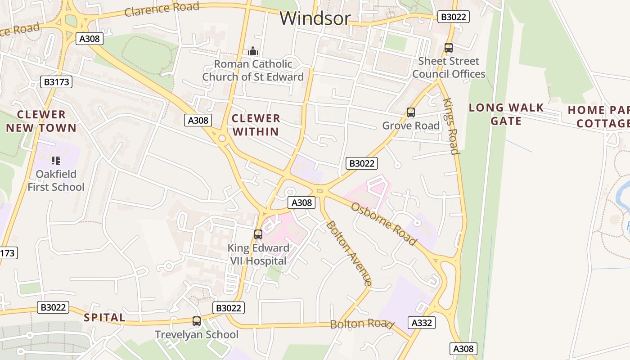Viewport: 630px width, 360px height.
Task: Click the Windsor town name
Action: coord(315,18)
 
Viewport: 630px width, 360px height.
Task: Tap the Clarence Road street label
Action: coord(162,9)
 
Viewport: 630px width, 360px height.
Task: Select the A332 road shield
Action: coord(422,323)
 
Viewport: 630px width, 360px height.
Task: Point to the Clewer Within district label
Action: coord(256,125)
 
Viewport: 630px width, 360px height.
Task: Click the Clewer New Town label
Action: coord(41,121)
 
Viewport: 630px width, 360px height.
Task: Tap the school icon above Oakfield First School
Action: coord(56,160)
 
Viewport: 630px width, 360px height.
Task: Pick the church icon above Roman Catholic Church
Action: coord(253,51)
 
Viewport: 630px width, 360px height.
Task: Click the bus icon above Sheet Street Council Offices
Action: coord(448,48)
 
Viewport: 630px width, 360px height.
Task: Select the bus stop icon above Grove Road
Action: coord(410,112)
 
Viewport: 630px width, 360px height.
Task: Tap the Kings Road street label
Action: coord(451,126)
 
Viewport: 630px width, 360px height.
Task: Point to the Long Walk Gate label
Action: coord(506,114)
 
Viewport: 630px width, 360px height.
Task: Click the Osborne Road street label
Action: coord(384,224)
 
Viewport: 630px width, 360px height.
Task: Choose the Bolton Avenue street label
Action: coord(349,252)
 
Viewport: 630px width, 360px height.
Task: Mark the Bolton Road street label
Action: coord(362,324)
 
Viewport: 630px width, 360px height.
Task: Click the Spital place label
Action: coord(104,317)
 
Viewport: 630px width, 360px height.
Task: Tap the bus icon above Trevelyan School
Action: coord(196,321)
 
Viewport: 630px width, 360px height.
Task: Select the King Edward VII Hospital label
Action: coord(258,254)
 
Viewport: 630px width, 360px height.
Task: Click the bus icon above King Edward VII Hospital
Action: coord(258,234)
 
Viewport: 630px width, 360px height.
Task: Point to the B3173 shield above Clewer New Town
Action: coord(56,82)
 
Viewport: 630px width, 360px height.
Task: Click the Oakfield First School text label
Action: coord(56,180)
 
